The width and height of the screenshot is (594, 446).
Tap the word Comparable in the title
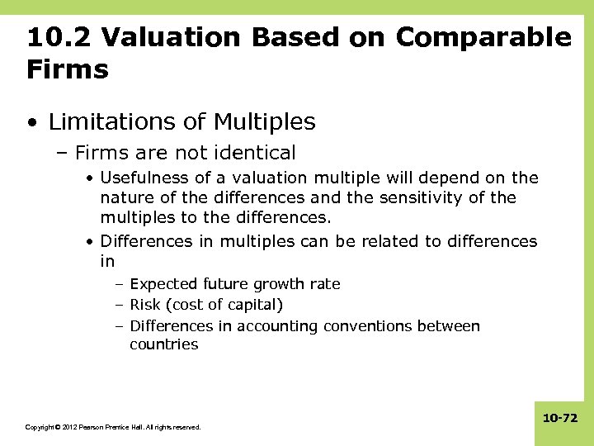click(x=483, y=37)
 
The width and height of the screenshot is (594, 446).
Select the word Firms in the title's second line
click(x=67, y=69)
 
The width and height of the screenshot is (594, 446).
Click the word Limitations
click(x=111, y=122)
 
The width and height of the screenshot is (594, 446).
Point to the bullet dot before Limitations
click(x=31, y=123)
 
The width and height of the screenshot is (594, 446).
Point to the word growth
click(x=274, y=283)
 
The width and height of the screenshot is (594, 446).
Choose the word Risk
click(x=146, y=305)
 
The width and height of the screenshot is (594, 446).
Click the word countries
click(x=163, y=344)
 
